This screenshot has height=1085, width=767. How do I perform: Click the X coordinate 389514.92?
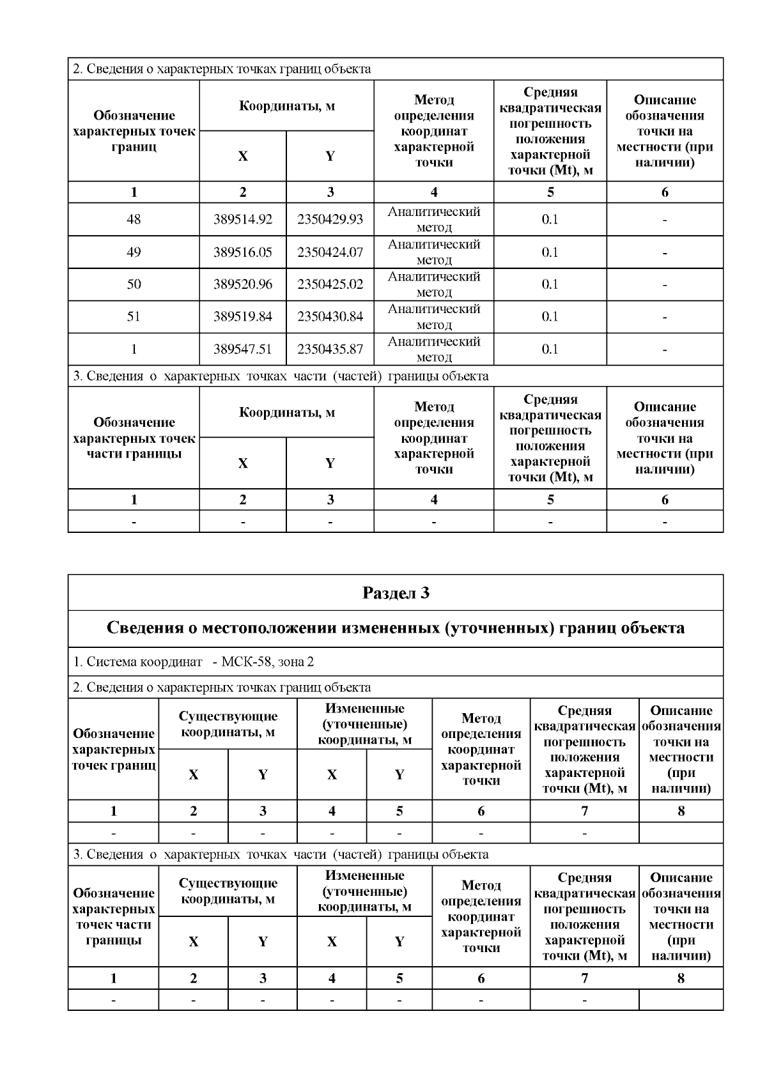(242, 219)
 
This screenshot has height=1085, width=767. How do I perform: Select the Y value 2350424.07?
(330, 252)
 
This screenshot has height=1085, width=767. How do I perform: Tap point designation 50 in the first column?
(134, 284)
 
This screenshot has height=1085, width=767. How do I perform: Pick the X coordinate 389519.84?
(242, 316)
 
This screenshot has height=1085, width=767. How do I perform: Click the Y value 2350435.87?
(330, 349)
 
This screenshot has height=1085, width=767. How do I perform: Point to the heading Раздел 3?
(396, 593)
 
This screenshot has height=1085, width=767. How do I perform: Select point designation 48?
(134, 219)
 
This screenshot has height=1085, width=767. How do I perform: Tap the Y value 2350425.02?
(330, 284)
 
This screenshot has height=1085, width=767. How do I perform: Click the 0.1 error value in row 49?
(550, 252)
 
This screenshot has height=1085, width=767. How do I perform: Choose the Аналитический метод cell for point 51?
(433, 316)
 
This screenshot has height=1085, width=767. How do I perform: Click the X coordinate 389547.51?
(242, 349)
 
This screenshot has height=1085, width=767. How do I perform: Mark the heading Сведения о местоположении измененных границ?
(396, 628)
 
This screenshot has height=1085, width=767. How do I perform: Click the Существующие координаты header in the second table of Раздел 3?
(228, 891)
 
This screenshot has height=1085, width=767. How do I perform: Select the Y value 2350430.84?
(330, 316)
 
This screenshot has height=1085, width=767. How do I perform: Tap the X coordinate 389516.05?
(242, 252)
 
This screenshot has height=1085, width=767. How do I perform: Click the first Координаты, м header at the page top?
(286, 106)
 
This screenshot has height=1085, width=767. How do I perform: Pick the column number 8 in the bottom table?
(681, 978)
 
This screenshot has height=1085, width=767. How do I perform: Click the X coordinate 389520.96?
(242, 284)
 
